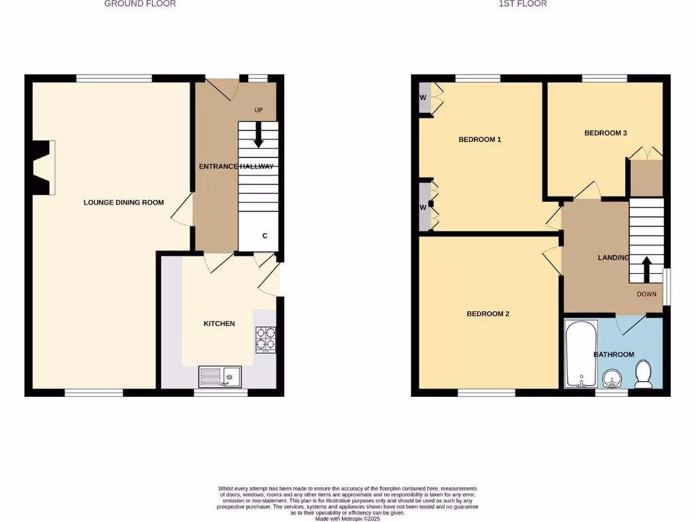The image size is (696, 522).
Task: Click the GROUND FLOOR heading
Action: click(140, 4)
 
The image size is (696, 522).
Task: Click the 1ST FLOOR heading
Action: click(523, 4)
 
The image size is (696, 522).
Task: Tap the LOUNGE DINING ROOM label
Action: click(124, 203)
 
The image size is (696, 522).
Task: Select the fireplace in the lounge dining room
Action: click(42, 168)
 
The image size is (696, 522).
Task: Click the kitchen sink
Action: click(220, 376)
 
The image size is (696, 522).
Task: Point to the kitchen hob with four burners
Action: click(265, 339)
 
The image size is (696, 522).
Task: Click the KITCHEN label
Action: click(219, 324)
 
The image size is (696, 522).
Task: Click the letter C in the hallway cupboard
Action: click(265, 236)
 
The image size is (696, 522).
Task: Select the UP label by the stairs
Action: click(258, 111)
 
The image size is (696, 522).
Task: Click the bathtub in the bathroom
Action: click(581, 354)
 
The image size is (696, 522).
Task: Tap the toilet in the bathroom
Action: click(642, 374)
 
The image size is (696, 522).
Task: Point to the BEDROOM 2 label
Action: click(487, 314)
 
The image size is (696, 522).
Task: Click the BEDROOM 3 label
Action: click(606, 133)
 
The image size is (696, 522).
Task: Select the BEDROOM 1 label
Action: click(480, 140)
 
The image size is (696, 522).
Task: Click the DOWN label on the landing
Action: click(646, 294)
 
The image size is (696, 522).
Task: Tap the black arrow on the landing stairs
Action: click(646, 268)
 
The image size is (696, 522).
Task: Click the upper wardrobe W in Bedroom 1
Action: click(423, 98)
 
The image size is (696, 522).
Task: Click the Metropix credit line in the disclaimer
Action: click(348, 519)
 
